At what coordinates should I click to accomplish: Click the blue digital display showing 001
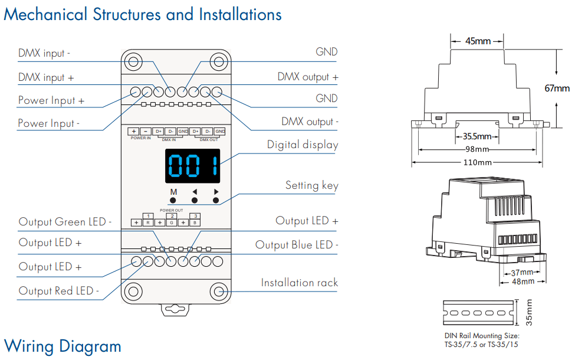(192, 166)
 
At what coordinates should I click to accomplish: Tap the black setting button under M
(173, 200)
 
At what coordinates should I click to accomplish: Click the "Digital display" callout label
(303, 145)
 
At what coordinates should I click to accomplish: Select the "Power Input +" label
(51, 100)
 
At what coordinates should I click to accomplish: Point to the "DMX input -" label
(44, 53)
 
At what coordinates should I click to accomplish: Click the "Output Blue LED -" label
(297, 245)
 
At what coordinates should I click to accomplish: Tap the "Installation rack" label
(299, 283)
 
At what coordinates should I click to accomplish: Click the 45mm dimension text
(478, 41)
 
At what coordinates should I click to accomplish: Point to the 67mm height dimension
(557, 89)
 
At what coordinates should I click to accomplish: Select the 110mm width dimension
(478, 162)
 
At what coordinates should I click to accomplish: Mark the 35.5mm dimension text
(477, 136)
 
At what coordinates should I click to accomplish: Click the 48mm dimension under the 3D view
(523, 282)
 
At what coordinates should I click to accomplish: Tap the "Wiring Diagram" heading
(63, 346)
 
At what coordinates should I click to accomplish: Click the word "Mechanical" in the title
(45, 15)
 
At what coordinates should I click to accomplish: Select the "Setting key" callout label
(312, 185)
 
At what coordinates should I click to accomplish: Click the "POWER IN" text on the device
(141, 138)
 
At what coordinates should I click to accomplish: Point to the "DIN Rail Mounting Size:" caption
(482, 336)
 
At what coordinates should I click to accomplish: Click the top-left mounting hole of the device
(133, 61)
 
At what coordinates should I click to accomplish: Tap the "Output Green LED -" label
(65, 222)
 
